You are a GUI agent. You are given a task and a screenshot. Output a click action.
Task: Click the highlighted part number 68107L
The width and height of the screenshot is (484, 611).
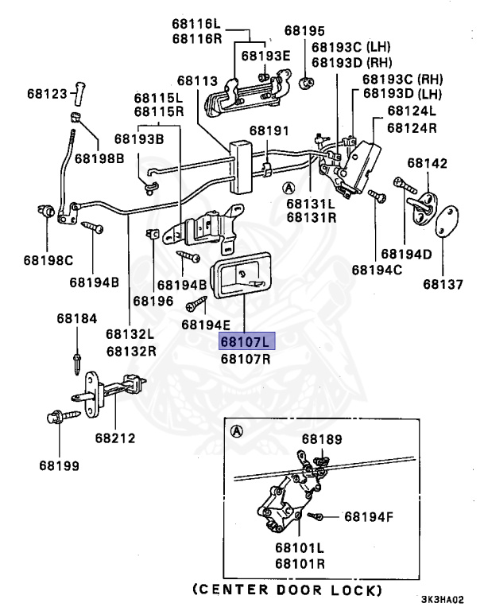[246, 341]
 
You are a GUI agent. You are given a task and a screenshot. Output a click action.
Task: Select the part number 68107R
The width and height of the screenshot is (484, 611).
[246, 358]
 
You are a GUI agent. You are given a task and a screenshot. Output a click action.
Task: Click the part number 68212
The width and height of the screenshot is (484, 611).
[115, 437]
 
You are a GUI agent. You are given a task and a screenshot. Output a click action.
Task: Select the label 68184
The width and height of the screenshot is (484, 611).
[77, 318]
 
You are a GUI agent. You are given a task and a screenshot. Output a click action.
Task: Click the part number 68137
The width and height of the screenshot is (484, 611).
[443, 283]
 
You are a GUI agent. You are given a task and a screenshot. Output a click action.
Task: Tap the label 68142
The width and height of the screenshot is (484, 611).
[428, 163]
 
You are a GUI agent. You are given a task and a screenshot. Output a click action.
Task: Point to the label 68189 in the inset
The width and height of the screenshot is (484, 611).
[321, 438]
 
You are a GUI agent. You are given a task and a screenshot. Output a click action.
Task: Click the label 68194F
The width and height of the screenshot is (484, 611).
[369, 516]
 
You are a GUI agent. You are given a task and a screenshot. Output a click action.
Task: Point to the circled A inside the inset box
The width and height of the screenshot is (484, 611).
[236, 432]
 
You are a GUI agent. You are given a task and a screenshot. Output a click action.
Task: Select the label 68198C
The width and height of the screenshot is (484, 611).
[48, 260]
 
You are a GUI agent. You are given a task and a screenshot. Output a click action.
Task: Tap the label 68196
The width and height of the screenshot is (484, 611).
[153, 301]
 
